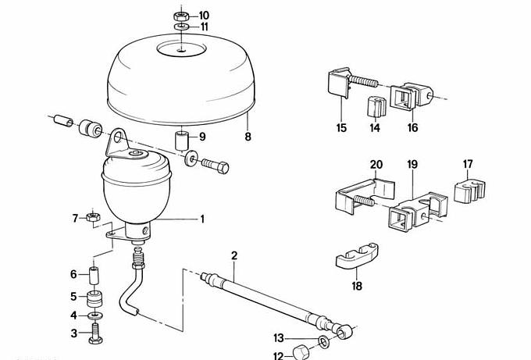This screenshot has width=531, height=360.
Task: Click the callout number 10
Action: (204, 15)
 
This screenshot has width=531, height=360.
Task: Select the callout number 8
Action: (248, 137)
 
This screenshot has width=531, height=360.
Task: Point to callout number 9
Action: (201, 137)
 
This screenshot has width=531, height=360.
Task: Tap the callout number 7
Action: (75, 217)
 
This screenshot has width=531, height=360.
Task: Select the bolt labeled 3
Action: (96, 333)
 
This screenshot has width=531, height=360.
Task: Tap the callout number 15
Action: (341, 127)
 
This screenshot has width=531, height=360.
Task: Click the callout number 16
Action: (412, 127)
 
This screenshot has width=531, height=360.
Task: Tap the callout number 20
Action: (376, 165)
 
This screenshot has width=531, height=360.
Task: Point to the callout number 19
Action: (412, 165)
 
